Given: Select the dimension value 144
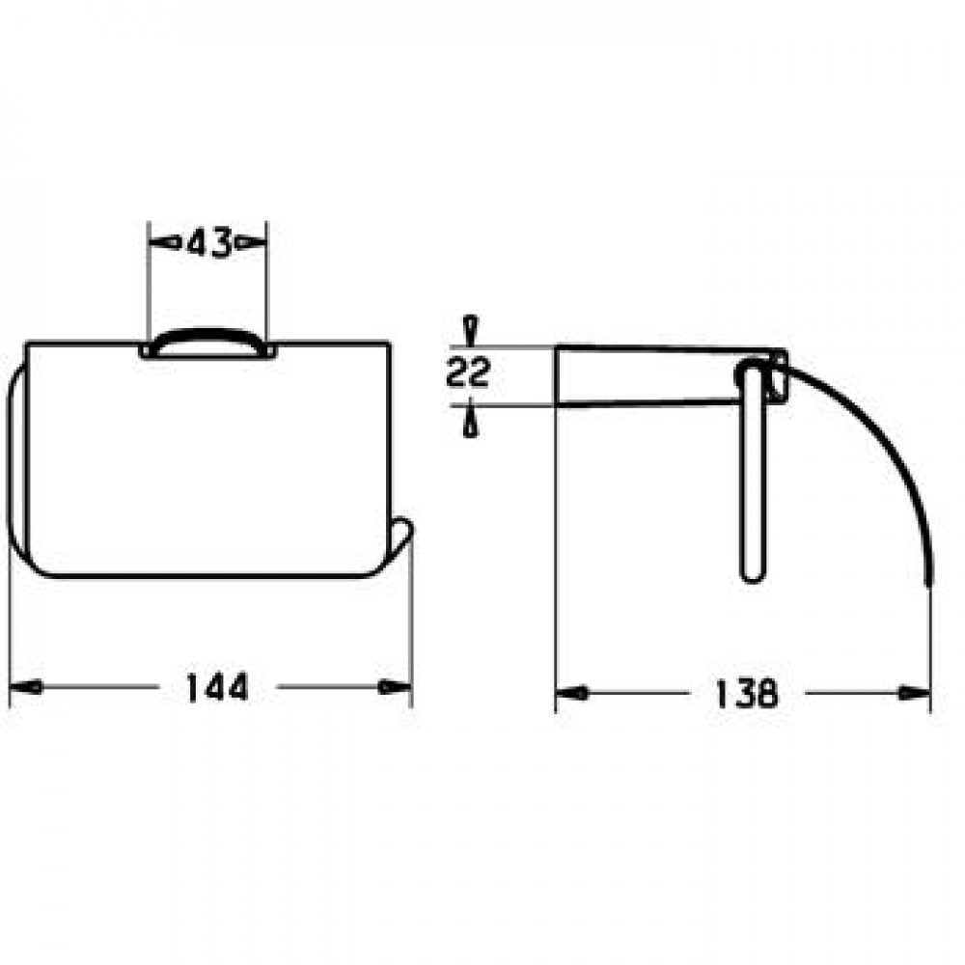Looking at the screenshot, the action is (217, 687).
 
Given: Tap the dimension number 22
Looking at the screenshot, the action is (468, 372).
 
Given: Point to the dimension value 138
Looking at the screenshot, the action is (747, 694).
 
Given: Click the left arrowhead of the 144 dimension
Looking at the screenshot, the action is (26, 686).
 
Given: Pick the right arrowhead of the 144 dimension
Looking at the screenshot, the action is (395, 686).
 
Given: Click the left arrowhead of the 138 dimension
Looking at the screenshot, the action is (571, 694).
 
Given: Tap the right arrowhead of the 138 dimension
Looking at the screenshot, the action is (914, 694).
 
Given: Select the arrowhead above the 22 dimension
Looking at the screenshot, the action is (472, 331).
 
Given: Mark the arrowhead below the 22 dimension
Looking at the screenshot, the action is (472, 421).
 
